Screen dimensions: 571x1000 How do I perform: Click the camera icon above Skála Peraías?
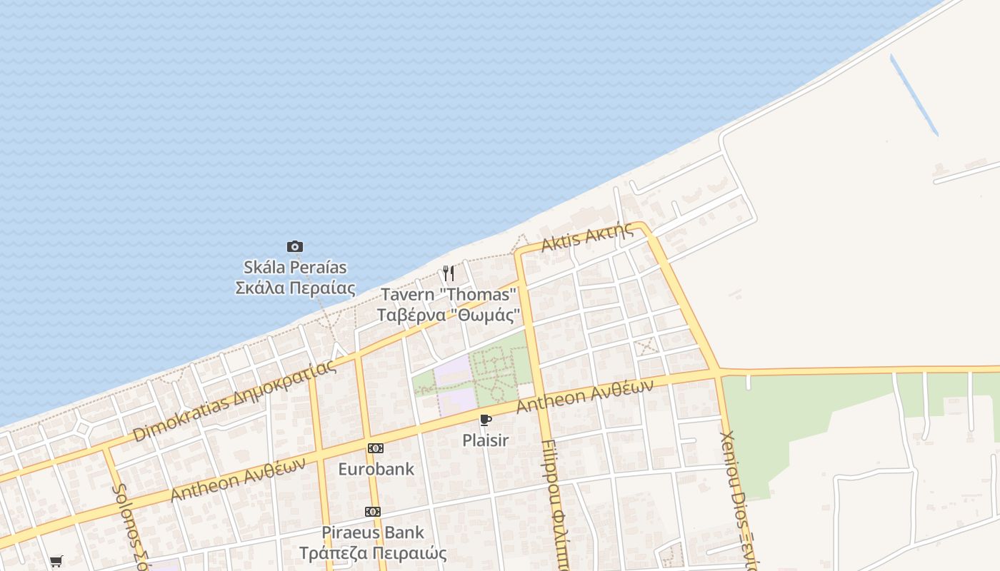click(x=295, y=247)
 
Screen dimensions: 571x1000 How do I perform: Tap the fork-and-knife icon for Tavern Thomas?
click(x=448, y=273)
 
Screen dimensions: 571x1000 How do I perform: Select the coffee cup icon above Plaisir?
click(x=486, y=420)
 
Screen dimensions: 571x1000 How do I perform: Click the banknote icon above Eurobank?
click(x=376, y=448)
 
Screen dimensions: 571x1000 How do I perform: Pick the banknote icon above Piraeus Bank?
click(x=373, y=512)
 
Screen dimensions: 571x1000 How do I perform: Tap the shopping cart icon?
click(x=56, y=561)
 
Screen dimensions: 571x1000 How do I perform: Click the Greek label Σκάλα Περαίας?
click(x=295, y=288)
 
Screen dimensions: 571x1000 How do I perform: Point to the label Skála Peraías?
click(x=295, y=268)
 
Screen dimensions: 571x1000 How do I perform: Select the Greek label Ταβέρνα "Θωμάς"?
click(x=448, y=315)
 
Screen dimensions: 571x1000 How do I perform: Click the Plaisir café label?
click(x=486, y=440)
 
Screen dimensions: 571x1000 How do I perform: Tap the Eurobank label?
click(x=376, y=469)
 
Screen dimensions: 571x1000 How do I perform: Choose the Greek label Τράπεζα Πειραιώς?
click(x=373, y=553)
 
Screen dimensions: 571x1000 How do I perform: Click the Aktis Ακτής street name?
click(x=587, y=237)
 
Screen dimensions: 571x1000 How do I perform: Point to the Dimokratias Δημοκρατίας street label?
click(x=234, y=401)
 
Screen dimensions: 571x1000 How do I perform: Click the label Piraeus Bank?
click(x=373, y=532)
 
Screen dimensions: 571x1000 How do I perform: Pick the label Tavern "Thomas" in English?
click(x=448, y=294)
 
